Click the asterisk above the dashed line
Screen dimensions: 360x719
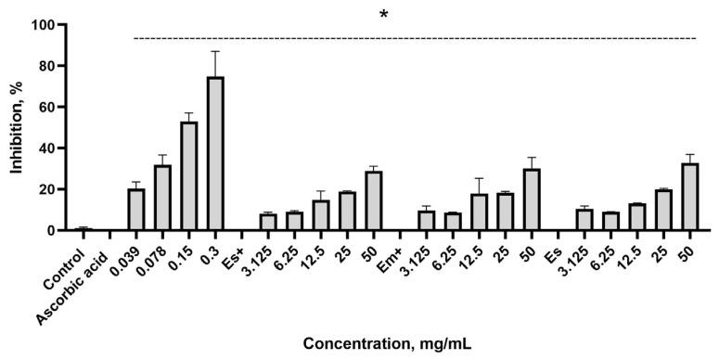click(x=383, y=15)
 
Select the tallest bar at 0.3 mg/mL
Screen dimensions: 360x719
click(x=215, y=154)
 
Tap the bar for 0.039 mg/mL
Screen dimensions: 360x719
click(x=135, y=210)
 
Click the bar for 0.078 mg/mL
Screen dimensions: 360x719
click(x=162, y=198)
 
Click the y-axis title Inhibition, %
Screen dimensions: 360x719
click(x=18, y=127)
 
